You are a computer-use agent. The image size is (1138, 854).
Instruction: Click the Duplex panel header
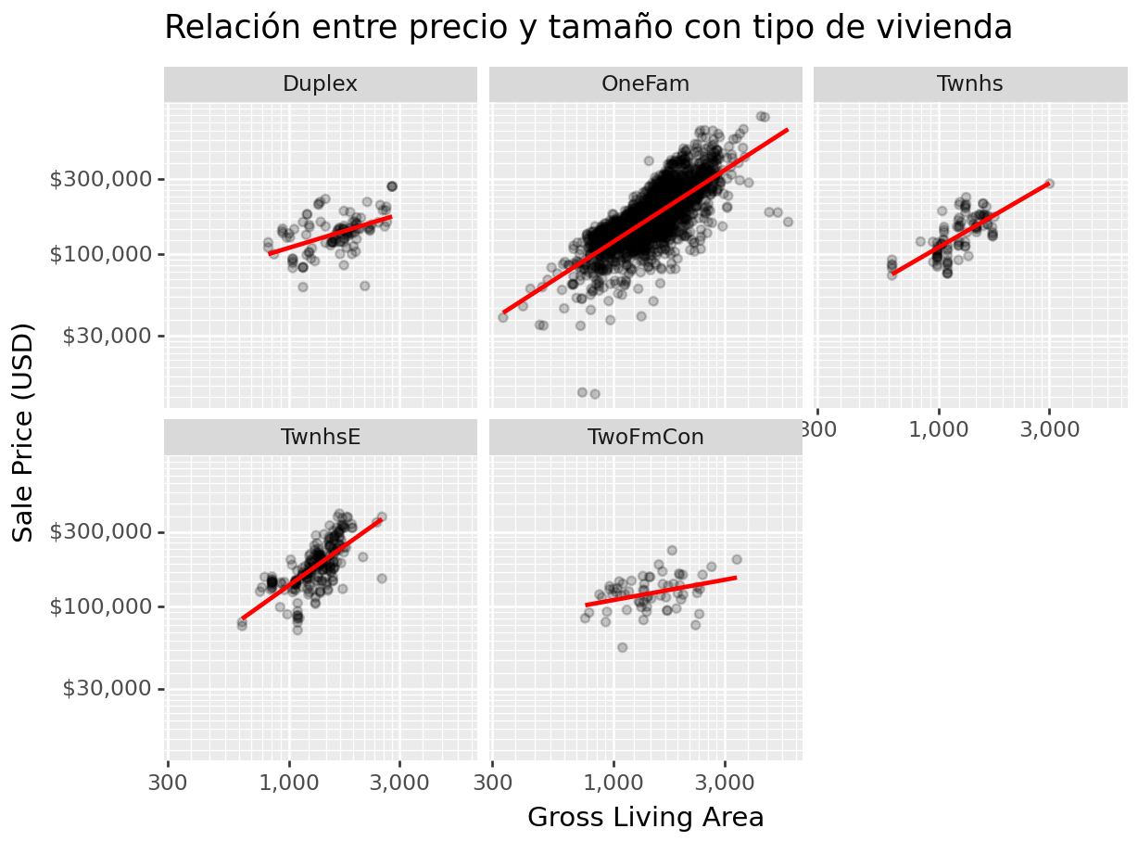click(x=320, y=84)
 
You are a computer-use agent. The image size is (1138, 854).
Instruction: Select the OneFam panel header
click(x=645, y=84)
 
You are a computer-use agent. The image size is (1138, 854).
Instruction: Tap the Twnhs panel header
click(x=969, y=84)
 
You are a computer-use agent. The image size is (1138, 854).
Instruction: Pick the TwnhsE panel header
click(x=320, y=437)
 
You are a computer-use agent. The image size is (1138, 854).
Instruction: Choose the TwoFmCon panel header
click(x=645, y=437)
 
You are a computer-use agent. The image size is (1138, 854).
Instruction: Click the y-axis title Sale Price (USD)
click(x=24, y=432)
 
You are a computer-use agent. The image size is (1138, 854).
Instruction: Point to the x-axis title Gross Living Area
click(x=645, y=818)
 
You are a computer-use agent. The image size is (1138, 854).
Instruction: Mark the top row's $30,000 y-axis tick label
click(x=107, y=336)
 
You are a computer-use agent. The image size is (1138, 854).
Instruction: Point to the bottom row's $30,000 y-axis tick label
click(x=107, y=689)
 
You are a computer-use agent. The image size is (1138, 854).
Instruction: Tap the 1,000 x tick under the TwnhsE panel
click(x=289, y=783)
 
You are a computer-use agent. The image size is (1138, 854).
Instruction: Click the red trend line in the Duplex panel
click(x=330, y=236)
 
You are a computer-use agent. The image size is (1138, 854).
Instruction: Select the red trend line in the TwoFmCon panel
click(x=661, y=592)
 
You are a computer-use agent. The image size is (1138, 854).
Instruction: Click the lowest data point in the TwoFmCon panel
click(x=622, y=647)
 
